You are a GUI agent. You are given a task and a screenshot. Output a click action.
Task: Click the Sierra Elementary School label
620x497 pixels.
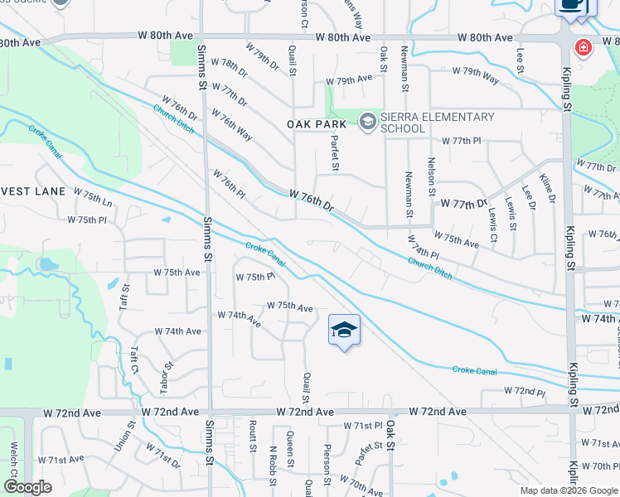(438, 123)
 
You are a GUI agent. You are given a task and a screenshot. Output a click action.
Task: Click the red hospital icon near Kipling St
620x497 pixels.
(584, 47)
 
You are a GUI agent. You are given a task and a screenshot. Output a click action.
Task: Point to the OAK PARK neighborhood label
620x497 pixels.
(316, 123)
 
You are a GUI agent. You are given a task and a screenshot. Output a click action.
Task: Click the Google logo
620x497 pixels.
(27, 487)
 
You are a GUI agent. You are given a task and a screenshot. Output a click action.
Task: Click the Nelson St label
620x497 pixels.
(432, 176)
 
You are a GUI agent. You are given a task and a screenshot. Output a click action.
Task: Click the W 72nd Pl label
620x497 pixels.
(525, 392)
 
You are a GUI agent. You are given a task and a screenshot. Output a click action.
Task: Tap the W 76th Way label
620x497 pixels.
(231, 124)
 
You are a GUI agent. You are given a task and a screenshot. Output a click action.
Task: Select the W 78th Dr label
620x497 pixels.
(229, 69)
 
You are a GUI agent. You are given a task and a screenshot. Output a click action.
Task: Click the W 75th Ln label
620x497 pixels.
(92, 199)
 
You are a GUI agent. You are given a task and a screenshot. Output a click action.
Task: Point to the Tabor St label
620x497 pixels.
(167, 377)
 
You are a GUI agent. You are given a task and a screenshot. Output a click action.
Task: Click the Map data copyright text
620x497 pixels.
(569, 490)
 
